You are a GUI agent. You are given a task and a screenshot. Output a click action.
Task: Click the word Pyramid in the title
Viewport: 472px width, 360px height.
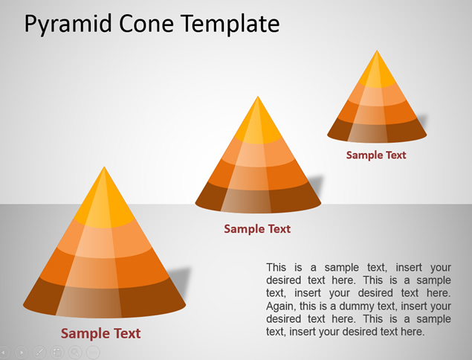point(68,25)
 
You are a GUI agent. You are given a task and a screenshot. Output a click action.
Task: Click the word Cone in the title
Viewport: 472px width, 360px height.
point(146,24)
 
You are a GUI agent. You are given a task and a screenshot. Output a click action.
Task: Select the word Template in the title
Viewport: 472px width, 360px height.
point(230,25)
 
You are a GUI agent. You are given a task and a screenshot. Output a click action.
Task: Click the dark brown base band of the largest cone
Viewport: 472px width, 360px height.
point(104,298)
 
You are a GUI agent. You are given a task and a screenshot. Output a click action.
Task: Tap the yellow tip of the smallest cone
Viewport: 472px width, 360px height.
point(377,71)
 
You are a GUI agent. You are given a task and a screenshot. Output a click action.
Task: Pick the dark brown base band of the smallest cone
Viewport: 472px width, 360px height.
point(377,131)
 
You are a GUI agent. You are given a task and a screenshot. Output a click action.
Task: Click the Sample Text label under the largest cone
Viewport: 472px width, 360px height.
point(101,333)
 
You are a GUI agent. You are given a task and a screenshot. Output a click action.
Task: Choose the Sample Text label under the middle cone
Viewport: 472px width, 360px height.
point(257,229)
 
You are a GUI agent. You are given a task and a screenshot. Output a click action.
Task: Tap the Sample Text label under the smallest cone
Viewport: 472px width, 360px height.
point(376,155)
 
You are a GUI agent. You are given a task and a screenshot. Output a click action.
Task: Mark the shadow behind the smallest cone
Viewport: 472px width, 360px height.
point(422,120)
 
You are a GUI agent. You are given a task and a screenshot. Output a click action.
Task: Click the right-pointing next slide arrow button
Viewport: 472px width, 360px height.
point(22,352)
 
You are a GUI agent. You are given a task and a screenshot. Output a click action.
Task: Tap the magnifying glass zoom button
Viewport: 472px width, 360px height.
point(75,352)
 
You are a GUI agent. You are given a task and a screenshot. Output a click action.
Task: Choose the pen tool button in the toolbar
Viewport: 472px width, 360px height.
point(39,352)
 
